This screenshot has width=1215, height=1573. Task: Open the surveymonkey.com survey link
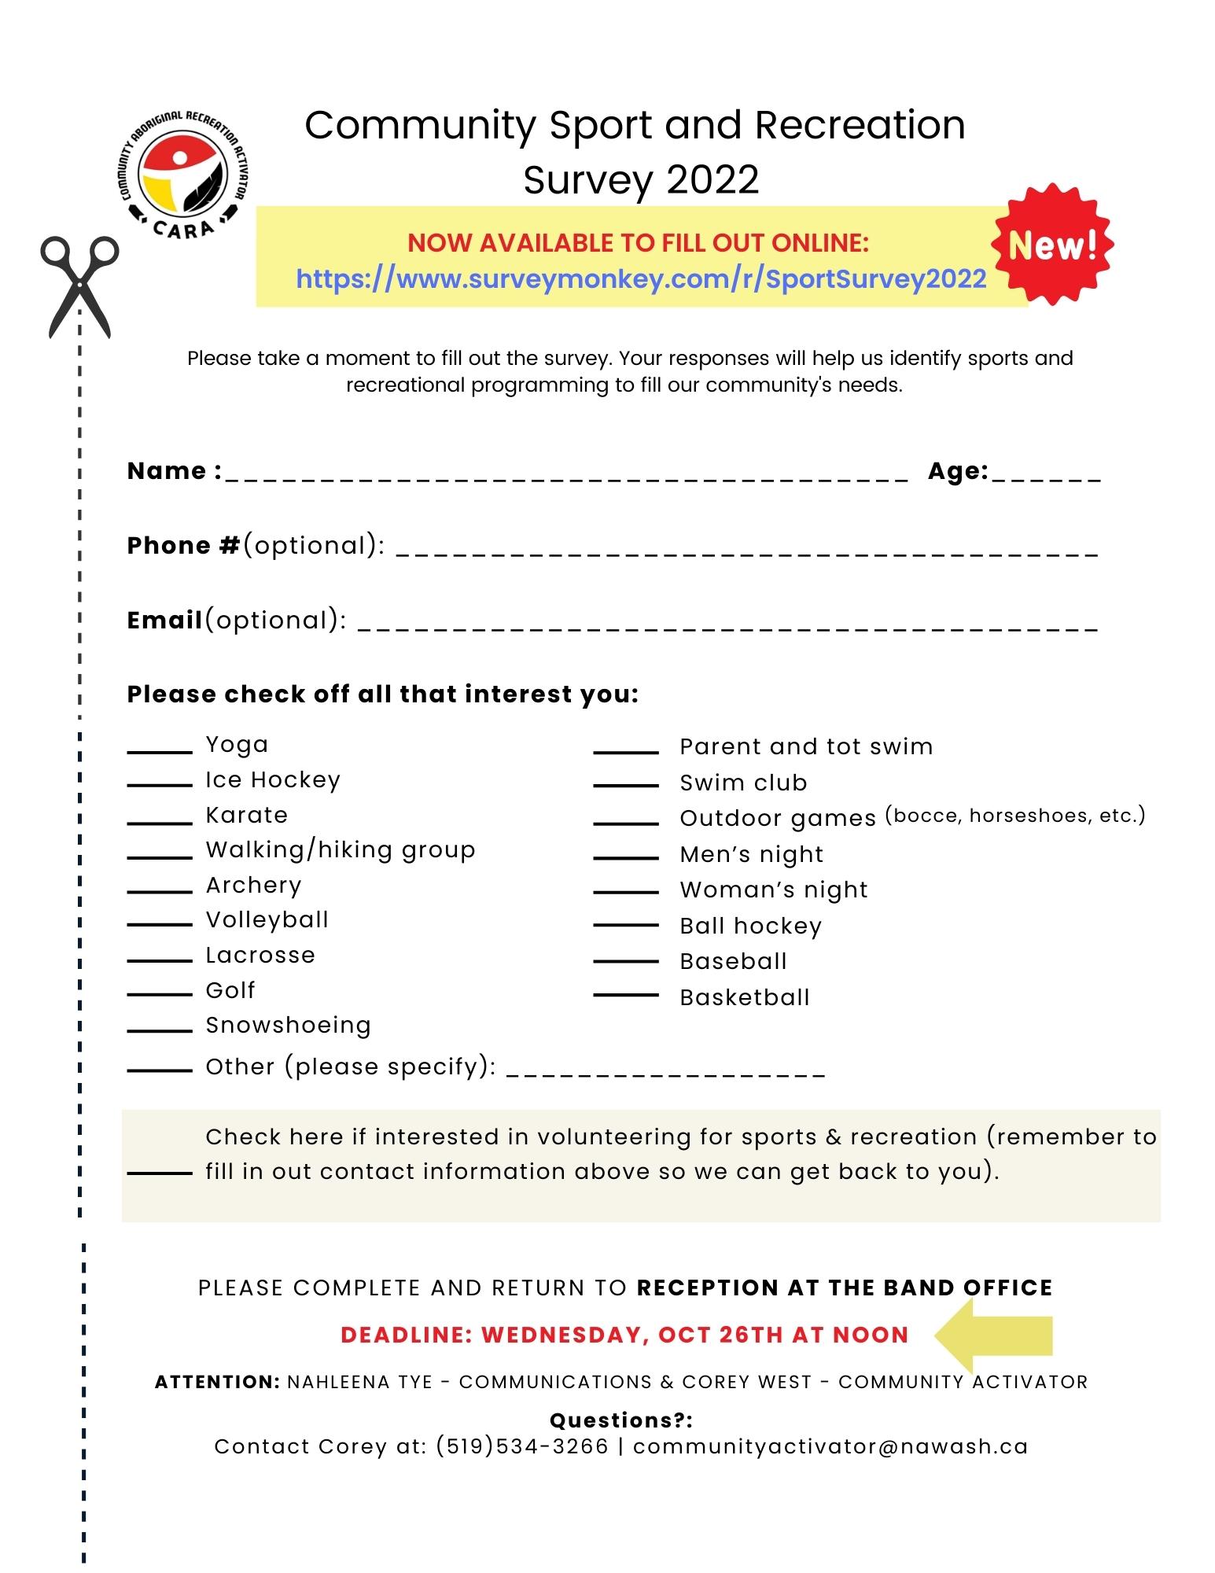click(641, 278)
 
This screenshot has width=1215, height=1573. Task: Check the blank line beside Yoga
click(160, 752)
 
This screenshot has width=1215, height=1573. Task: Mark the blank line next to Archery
click(160, 892)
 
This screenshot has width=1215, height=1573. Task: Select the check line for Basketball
click(626, 996)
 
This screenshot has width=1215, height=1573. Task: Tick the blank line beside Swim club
click(626, 784)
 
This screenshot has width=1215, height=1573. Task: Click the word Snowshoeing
click(288, 1025)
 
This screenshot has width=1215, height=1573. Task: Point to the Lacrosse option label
click(260, 955)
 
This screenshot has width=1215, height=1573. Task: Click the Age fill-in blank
click(1047, 475)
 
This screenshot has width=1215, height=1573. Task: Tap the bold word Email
click(164, 620)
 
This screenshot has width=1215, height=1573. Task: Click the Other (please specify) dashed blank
click(667, 1073)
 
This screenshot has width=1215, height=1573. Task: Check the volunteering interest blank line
click(160, 1173)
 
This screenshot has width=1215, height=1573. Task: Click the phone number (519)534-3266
click(522, 1446)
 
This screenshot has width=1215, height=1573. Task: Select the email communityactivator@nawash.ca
click(830, 1446)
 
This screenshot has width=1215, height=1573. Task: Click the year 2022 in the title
click(712, 179)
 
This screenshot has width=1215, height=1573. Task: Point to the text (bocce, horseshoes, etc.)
click(1014, 815)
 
